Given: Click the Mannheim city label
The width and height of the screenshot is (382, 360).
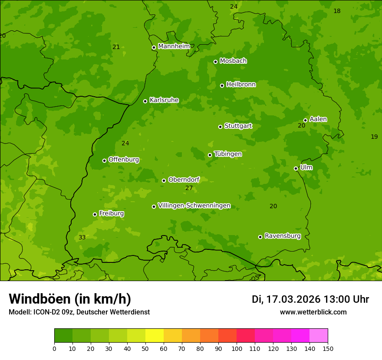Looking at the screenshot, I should tap(174, 46).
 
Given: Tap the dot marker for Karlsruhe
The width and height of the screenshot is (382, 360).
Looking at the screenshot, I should tap(145, 101).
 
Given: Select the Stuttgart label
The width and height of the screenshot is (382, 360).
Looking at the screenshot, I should tap(238, 126).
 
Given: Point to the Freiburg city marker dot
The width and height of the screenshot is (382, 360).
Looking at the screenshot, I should tap(95, 214).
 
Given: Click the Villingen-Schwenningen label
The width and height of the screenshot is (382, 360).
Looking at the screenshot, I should tap(194, 206).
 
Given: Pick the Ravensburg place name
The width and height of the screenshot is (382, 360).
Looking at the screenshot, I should tap(283, 236).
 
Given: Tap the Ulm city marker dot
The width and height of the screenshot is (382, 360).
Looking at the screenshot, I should tap(296, 168).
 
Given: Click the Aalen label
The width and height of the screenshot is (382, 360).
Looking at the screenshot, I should tap(318, 119).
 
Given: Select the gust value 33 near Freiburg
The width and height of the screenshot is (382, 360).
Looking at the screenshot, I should tap(82, 237).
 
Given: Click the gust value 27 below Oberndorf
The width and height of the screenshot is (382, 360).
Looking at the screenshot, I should tap(189, 188).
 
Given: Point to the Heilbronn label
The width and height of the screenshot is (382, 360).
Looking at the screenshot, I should tap(241, 84).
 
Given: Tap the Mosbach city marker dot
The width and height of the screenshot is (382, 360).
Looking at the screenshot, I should tap(215, 62).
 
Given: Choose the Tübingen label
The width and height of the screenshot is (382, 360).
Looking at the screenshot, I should tap(228, 154).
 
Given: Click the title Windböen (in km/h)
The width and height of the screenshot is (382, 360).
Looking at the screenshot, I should tap(70, 299).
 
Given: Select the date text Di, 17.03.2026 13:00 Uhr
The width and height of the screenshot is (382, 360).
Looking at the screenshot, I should tap(310, 299).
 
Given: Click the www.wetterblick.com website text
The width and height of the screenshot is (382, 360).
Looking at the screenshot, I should tap(313, 312).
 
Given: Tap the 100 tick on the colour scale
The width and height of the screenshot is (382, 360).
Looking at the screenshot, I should tap(237, 348).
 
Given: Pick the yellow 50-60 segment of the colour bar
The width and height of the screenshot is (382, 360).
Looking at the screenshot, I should tap(155, 336).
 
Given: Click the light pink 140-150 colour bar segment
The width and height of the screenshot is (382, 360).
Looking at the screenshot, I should tap(319, 336).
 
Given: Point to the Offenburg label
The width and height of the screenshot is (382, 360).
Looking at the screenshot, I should tap(124, 159).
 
